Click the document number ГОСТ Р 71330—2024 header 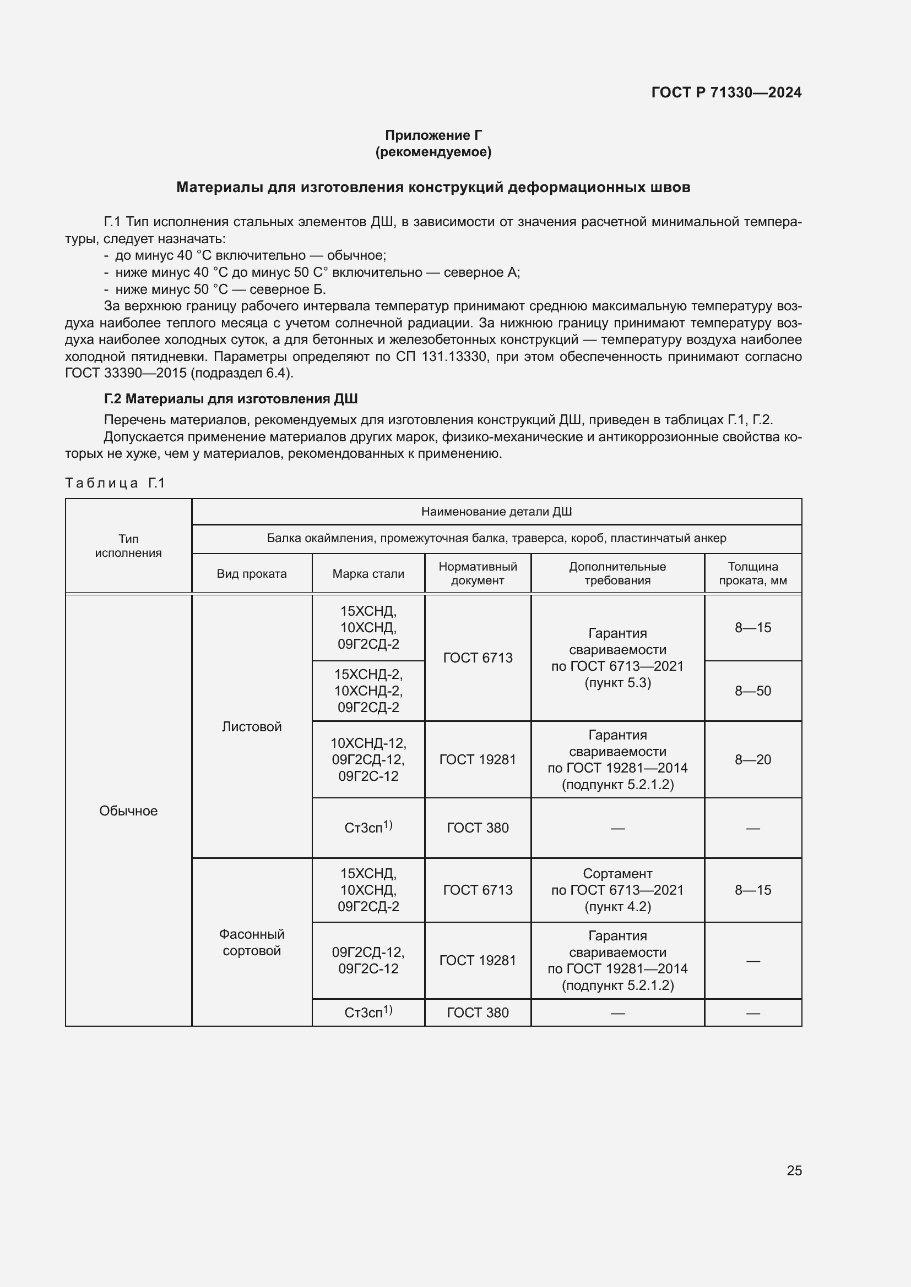pos(726,92)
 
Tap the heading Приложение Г pos(433,135)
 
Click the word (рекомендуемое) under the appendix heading pos(433,152)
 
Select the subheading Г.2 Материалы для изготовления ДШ pos(231,398)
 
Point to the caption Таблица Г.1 pos(115,483)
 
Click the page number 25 pos(794,1170)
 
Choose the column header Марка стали pos(368,573)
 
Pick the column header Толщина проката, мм pos(752,573)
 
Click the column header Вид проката pos(251,573)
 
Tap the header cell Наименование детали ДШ pos(496,511)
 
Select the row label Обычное pos(128,810)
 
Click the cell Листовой pos(251,726)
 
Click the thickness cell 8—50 pos(752,691)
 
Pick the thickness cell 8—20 pos(752,759)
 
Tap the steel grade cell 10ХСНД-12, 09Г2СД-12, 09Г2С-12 pos(368,759)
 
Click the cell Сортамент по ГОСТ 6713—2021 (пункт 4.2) pos(617,890)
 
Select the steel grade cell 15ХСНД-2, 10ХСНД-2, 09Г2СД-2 pos(368,691)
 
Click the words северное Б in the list pos(287,289)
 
